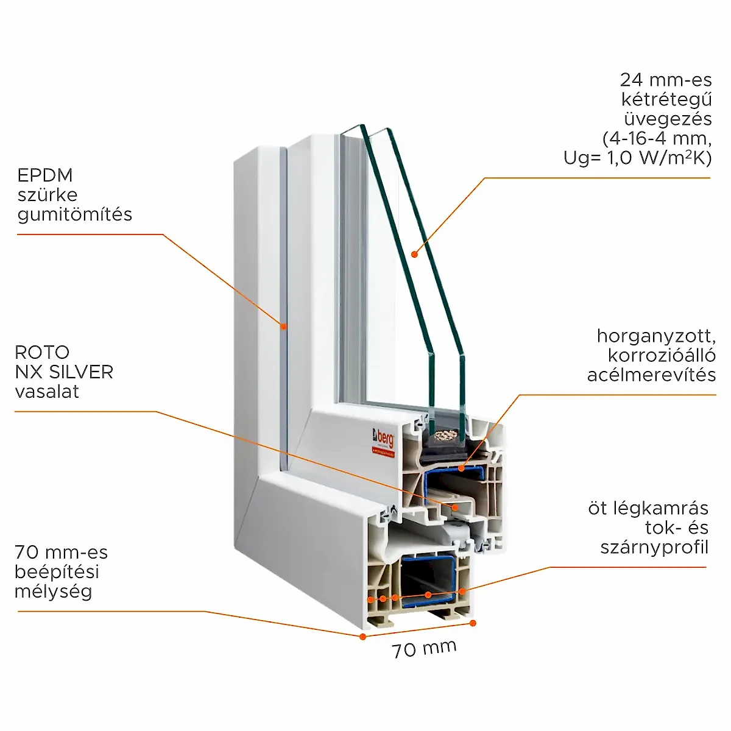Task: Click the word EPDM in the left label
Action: point(45,175)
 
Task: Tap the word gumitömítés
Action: point(75,214)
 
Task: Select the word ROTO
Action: point(42,352)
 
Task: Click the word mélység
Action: point(54,592)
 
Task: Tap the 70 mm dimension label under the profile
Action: point(424,649)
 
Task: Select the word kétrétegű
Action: point(666,99)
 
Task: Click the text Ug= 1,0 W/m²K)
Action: point(637,158)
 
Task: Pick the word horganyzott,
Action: point(656,336)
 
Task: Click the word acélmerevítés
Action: point(651,375)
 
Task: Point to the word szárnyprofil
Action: point(654,547)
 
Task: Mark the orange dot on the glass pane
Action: point(414,254)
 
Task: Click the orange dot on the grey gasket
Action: point(283,327)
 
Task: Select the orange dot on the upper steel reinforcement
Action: point(462,468)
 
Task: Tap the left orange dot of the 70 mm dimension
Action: point(362,637)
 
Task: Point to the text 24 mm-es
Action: point(666,79)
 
